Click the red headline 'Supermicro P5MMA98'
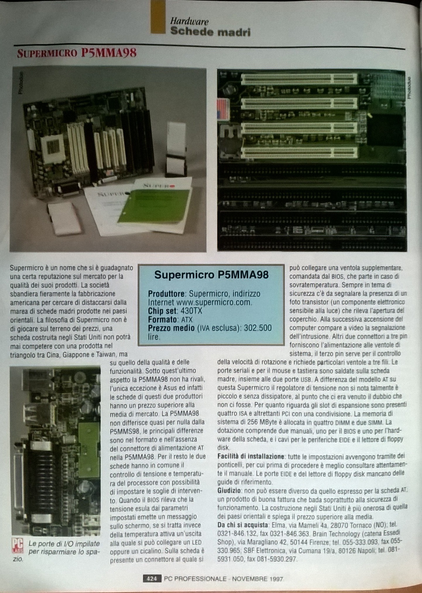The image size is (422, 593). pyautogui.click(x=77, y=54)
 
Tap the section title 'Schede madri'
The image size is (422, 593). pyautogui.click(x=210, y=32)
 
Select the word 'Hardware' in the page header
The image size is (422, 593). pyautogui.click(x=189, y=21)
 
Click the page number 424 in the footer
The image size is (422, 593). pyautogui.click(x=152, y=579)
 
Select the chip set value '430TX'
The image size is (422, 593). pyautogui.click(x=191, y=311)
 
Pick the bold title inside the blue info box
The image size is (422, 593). pyautogui.click(x=211, y=275)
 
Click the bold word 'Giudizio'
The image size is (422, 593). pyautogui.click(x=229, y=490)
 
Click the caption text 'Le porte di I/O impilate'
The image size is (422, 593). pyautogui.click(x=64, y=544)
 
